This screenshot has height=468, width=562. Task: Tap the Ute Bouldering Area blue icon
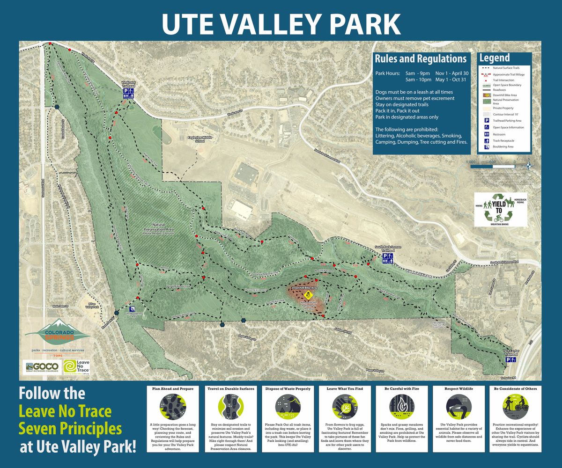133,309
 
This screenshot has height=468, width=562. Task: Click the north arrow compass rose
529,164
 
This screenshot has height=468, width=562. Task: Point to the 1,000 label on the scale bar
470,161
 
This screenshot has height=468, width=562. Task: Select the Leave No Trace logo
76,366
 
